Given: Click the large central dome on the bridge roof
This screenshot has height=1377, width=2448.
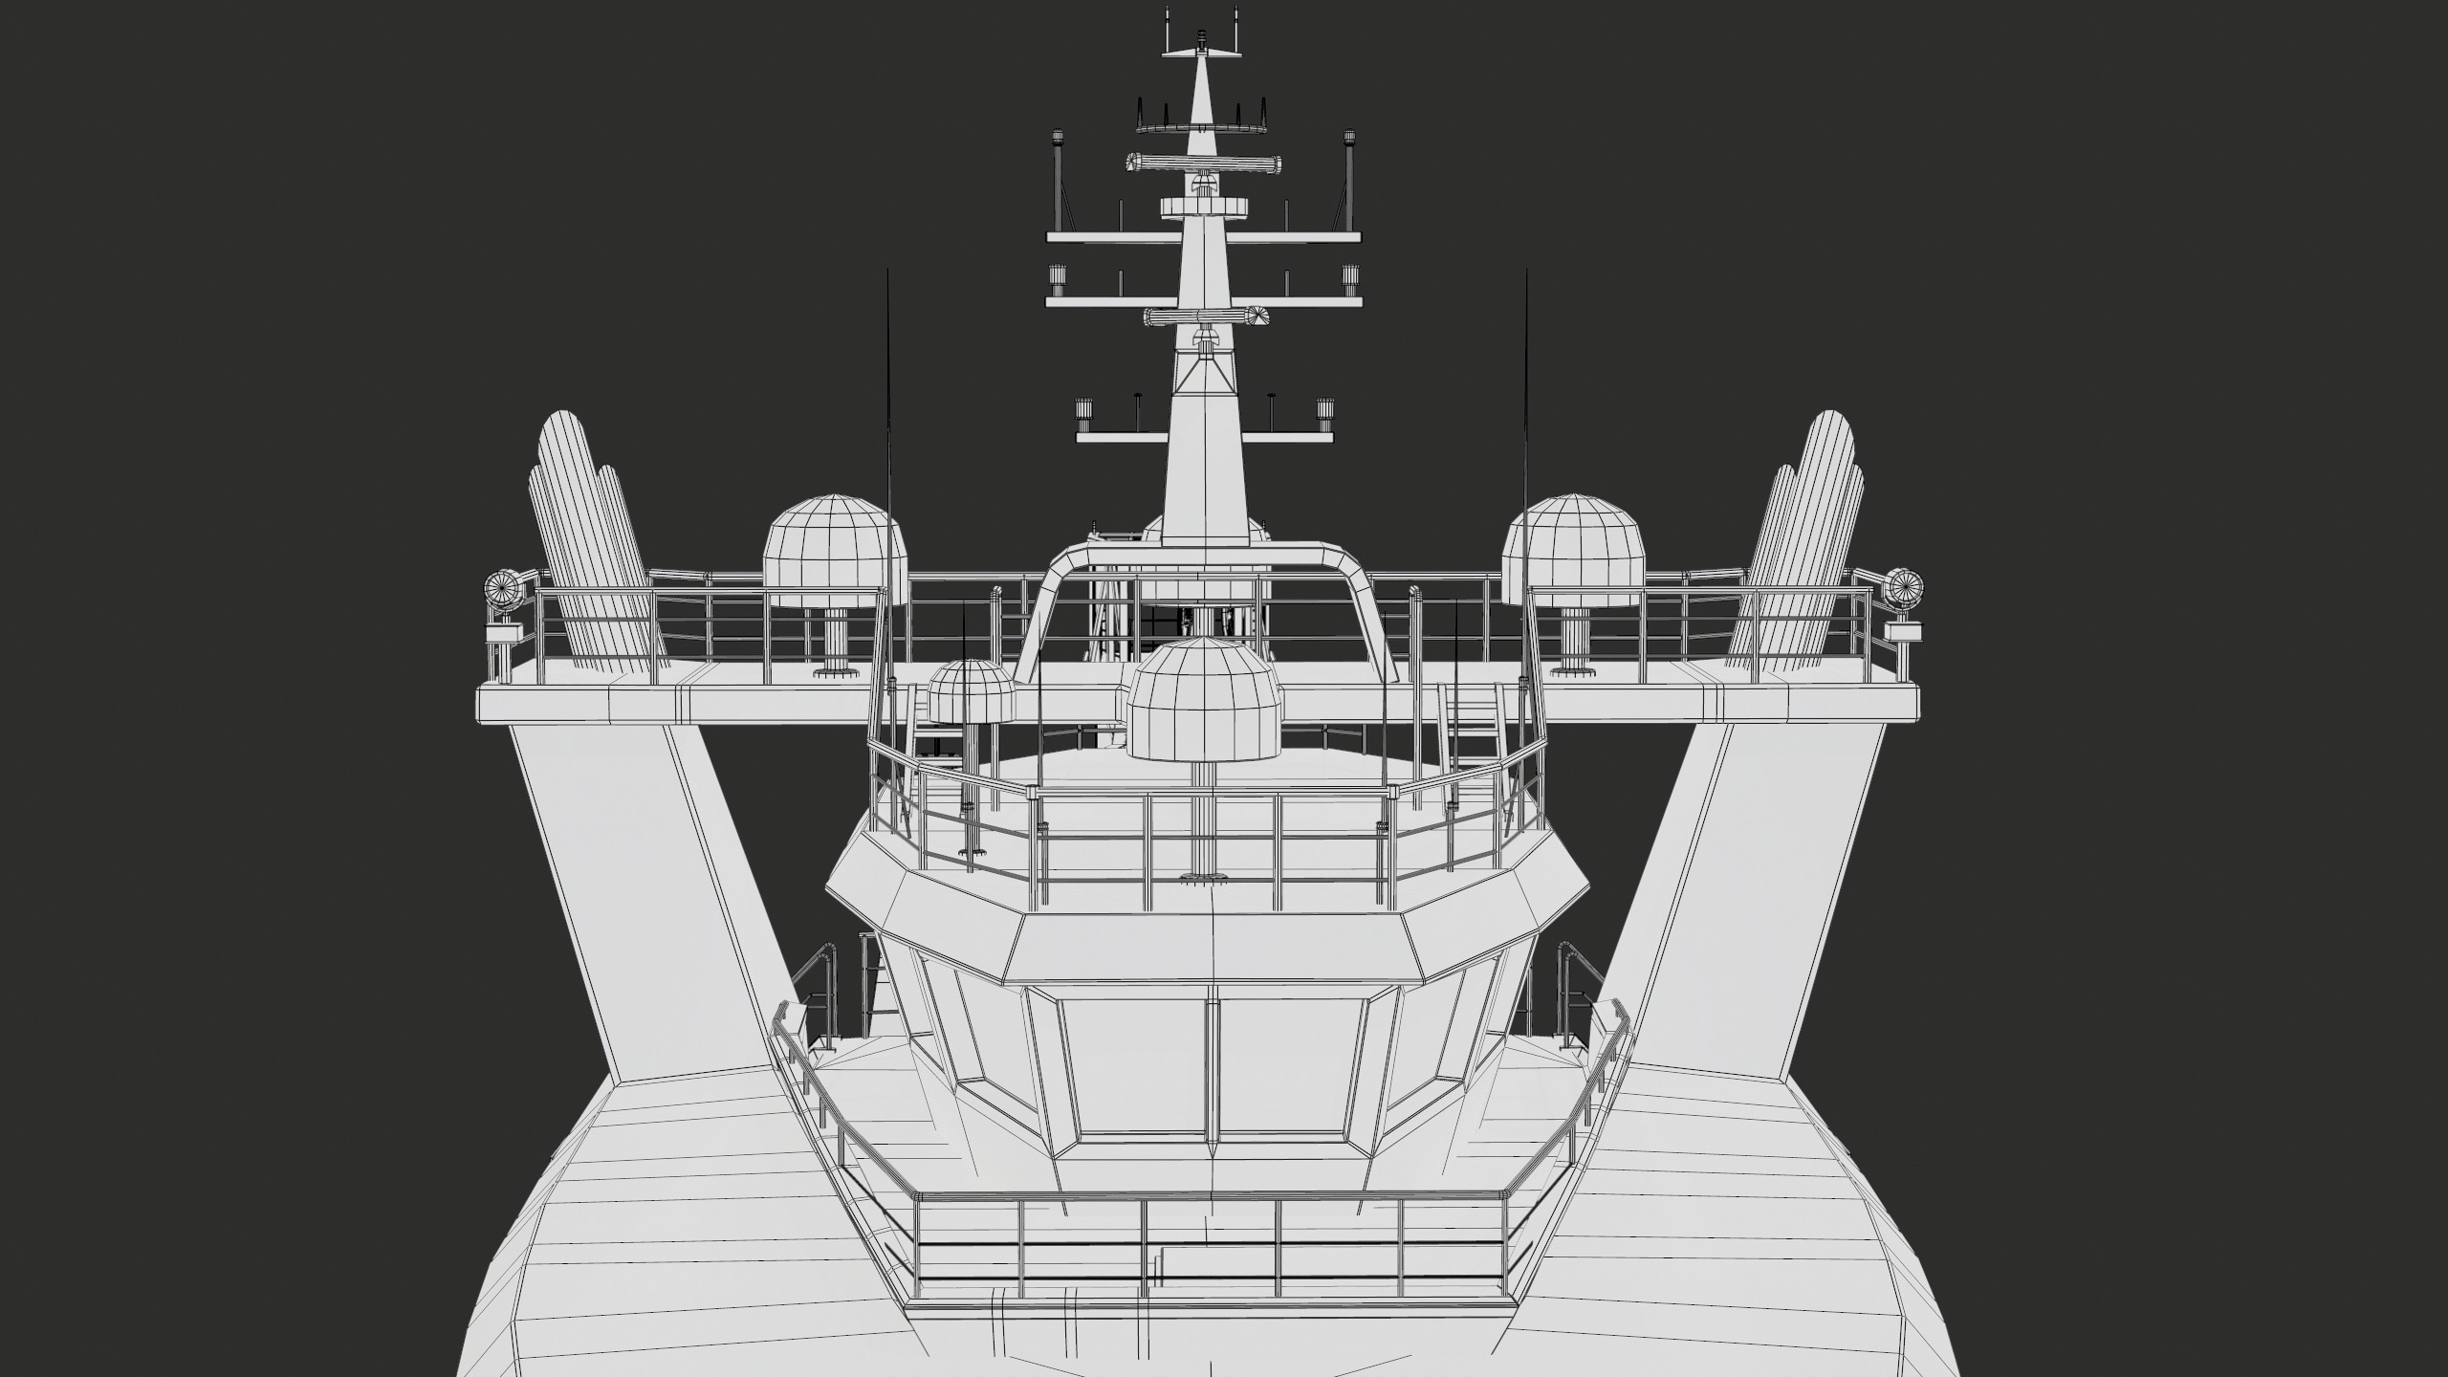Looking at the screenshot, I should point(1204,699).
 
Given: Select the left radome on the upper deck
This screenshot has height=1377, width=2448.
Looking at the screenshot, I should point(834,552).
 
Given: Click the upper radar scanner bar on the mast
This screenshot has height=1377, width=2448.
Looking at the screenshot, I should point(1203,164).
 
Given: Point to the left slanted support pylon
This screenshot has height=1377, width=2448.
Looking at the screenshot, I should point(650,889).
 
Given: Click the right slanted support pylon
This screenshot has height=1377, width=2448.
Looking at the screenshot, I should point(1759,889).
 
